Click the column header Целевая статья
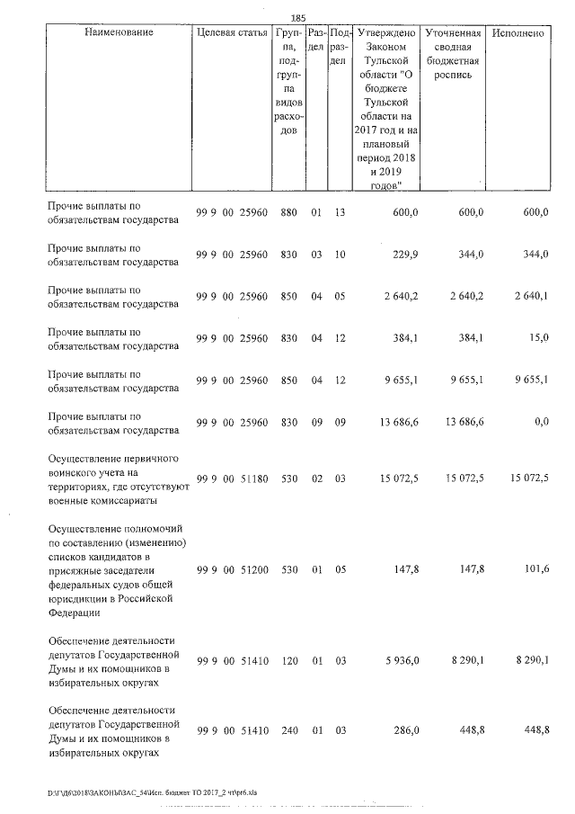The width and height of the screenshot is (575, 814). pyautogui.click(x=232, y=33)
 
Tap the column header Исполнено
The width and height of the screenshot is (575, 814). pyautogui.click(x=518, y=33)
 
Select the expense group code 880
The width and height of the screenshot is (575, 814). pyautogui.click(x=288, y=211)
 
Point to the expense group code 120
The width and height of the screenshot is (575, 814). pyautogui.click(x=288, y=660)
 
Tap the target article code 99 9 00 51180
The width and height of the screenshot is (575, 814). pyautogui.click(x=232, y=477)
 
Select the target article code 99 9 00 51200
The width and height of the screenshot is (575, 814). pyautogui.click(x=232, y=568)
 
